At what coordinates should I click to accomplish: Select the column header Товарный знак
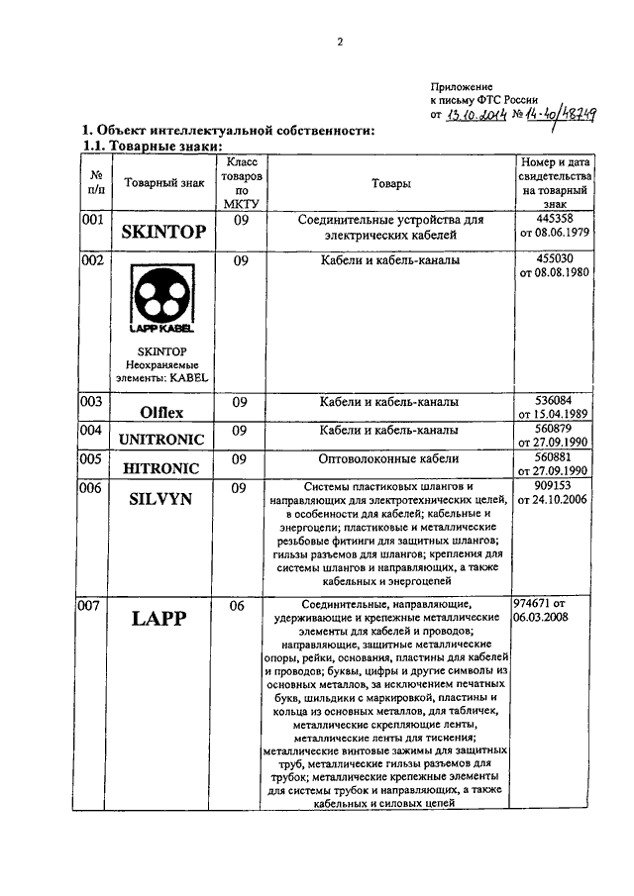pos(165,183)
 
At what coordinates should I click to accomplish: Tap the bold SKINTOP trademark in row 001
pos(163,233)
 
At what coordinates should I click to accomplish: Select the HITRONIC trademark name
pos(164,467)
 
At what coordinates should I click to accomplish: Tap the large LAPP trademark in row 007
pos(164,619)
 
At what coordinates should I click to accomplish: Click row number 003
pos(92,402)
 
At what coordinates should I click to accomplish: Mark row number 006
pos(92,488)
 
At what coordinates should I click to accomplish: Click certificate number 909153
pos(555,486)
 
